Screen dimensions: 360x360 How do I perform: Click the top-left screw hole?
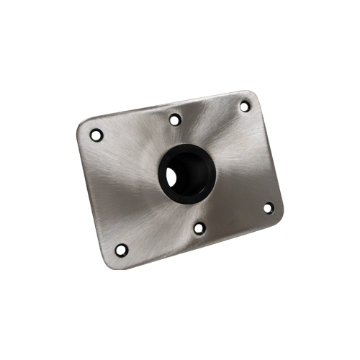pyautogui.click(x=96, y=135)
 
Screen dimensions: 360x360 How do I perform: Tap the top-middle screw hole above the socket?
pyautogui.click(x=175, y=120)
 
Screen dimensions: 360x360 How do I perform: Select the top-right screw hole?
pyautogui.click(x=245, y=106)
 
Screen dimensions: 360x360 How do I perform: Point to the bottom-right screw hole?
pyautogui.click(x=268, y=208)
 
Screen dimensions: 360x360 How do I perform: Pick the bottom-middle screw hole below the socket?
pyautogui.click(x=199, y=228)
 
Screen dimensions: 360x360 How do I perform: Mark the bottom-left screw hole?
pyautogui.click(x=121, y=250)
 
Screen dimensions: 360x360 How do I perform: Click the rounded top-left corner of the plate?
pyautogui.click(x=81, y=127)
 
